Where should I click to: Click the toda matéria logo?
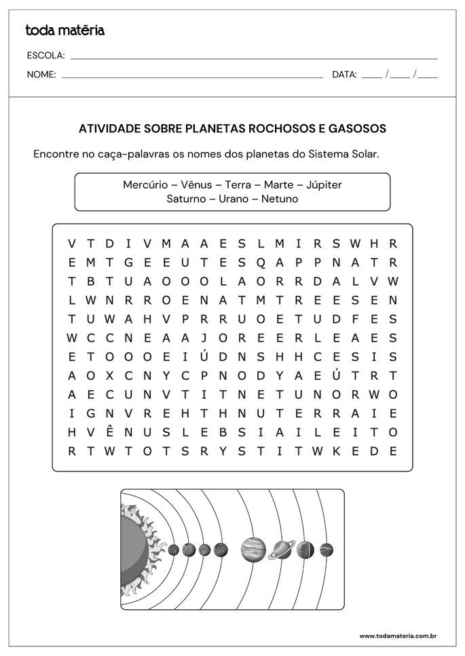click(x=64, y=30)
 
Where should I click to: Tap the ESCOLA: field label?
click(x=45, y=56)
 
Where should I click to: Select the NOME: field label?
click(x=41, y=75)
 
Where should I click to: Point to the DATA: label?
click(x=344, y=75)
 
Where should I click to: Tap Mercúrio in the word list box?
click(x=145, y=185)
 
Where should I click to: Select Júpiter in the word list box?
click(x=324, y=185)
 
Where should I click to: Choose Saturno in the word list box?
click(x=185, y=199)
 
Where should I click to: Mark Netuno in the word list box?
click(x=279, y=199)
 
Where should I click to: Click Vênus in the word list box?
click(x=198, y=185)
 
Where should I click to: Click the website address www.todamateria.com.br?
click(x=398, y=636)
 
